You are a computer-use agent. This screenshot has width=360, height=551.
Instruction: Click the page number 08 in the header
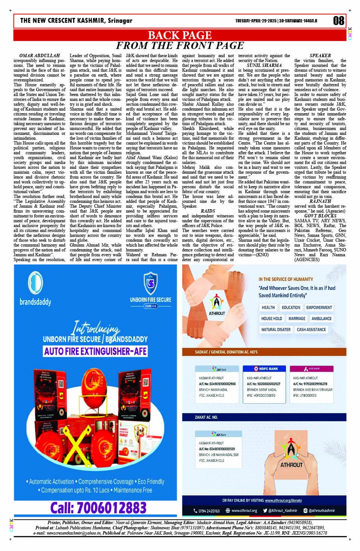339,21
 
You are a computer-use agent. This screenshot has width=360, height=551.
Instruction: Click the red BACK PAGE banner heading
179,35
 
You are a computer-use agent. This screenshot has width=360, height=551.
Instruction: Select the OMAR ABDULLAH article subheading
40,56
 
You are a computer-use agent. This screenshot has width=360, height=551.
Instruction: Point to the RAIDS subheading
208,211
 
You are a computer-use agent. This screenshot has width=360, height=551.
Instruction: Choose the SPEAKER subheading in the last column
320,56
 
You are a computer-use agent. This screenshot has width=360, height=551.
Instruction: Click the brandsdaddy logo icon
35,282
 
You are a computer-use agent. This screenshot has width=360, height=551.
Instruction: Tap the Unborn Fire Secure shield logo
150,284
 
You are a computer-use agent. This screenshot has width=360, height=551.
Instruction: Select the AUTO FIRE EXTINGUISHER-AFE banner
96,351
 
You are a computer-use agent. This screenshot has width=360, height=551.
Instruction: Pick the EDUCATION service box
291,308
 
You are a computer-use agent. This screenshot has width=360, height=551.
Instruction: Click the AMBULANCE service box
322,319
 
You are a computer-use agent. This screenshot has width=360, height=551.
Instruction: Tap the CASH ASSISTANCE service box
311,330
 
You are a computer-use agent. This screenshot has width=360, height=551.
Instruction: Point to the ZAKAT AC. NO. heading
206,417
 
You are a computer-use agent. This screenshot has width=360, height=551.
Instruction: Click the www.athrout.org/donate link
283,500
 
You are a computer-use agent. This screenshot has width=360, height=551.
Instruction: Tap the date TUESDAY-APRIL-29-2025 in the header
256,21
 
